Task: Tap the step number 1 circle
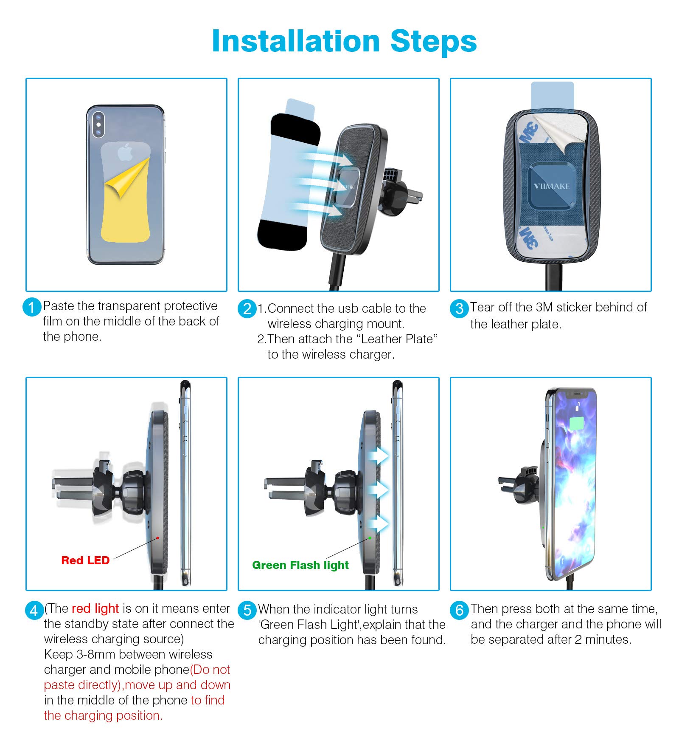pyautogui.click(x=32, y=307)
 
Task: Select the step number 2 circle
pyautogui.click(x=247, y=308)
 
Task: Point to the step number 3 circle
pyautogui.click(x=459, y=308)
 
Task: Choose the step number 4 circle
pyautogui.click(x=34, y=611)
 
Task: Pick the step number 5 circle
pyautogui.click(x=247, y=610)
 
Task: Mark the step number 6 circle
pyautogui.click(x=459, y=610)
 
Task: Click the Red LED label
pyautogui.click(x=85, y=560)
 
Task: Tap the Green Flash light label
pyautogui.click(x=300, y=565)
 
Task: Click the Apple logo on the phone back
pyautogui.click(x=125, y=152)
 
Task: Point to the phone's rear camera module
pyautogui.click(x=98, y=124)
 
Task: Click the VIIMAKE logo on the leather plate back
pyautogui.click(x=551, y=186)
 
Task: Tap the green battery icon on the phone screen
pyautogui.click(x=577, y=423)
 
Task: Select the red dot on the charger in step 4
pyautogui.click(x=157, y=538)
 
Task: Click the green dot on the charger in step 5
pyautogui.click(x=370, y=538)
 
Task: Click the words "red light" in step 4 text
pyautogui.click(x=95, y=608)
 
